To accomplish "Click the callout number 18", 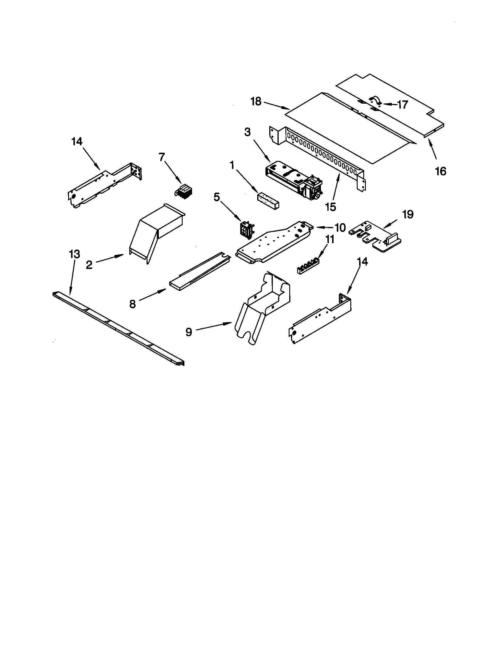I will click(256, 102).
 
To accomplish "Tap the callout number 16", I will click(441, 171).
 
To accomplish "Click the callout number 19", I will click(408, 215).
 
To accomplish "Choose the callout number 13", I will click(74, 254).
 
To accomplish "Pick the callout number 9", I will click(189, 332).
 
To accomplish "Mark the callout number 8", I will click(132, 304).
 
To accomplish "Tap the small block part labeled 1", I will click(268, 201).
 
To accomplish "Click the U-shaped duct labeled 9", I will click(263, 308).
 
